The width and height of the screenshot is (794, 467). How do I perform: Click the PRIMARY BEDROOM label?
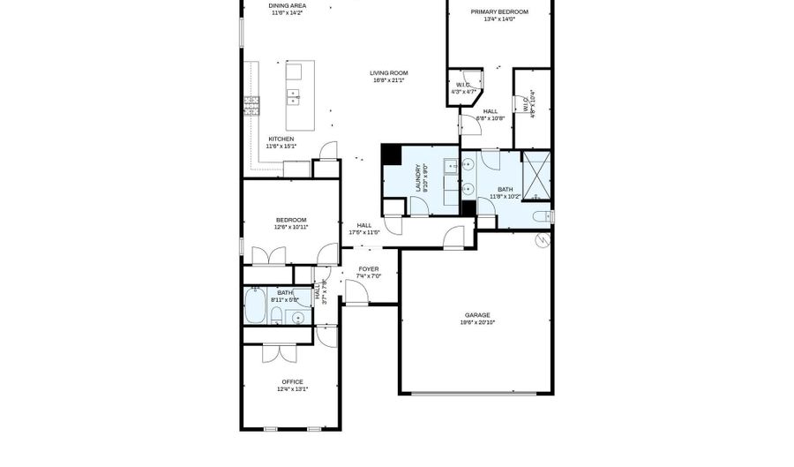click(x=498, y=12)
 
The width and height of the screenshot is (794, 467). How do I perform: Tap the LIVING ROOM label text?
click(x=388, y=73)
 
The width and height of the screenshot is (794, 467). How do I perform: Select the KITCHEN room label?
click(x=281, y=139)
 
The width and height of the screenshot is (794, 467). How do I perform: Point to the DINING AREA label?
click(x=288, y=5)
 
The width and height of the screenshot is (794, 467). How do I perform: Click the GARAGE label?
click(x=477, y=315)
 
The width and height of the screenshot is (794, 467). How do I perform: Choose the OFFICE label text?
click(x=292, y=381)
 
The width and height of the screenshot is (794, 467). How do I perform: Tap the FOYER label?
click(x=368, y=268)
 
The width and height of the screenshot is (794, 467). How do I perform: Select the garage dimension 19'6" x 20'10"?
click(x=477, y=323)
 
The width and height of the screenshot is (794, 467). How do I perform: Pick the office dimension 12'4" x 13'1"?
click(x=292, y=388)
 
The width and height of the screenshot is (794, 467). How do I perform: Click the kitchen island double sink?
click(x=294, y=95)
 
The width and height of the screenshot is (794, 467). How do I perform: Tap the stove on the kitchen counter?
click(x=252, y=105)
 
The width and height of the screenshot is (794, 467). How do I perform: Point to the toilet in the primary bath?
click(x=542, y=215)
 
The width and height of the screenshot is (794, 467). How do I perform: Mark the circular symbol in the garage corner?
click(x=544, y=238)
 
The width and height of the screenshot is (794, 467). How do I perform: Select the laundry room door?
click(x=419, y=206)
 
